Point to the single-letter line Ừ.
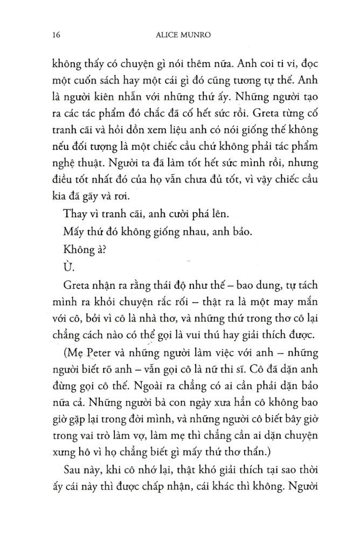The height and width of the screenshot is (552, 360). [x=67, y=265]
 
